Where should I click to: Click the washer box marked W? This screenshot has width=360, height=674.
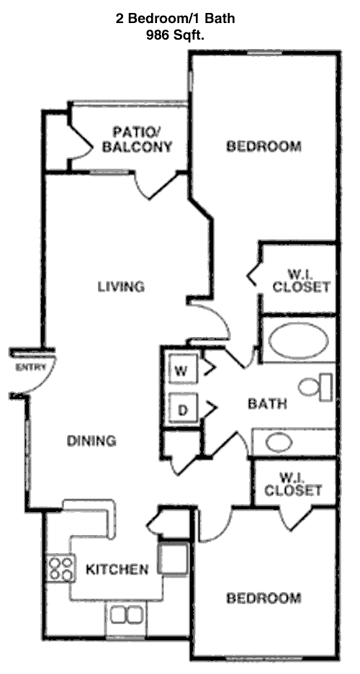[x=181, y=372]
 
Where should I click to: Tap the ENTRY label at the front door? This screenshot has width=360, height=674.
[x=31, y=368]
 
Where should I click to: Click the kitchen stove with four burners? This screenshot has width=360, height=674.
[x=60, y=569]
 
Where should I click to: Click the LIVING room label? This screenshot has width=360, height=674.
[x=121, y=287]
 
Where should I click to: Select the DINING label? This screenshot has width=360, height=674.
[x=91, y=441]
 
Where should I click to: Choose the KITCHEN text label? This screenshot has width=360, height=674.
[x=117, y=570]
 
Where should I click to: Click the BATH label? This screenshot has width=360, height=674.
[x=267, y=403]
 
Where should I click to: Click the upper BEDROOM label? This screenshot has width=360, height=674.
[x=264, y=147]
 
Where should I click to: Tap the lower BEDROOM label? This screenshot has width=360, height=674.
[x=263, y=598]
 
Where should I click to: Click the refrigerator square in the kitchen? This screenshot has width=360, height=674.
[x=173, y=558]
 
